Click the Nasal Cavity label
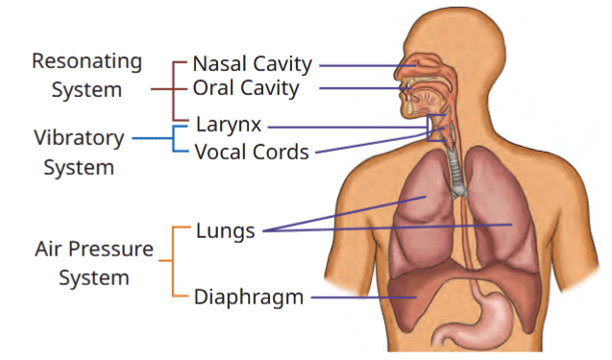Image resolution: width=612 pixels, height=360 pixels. (252, 64)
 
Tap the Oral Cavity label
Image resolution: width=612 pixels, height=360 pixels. (246, 88)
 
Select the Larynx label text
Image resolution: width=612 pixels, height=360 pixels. (229, 126)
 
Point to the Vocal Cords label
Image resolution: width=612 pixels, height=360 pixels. (252, 152)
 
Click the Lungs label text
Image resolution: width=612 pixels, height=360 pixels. (225, 231)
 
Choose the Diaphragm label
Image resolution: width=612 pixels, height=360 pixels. (249, 298)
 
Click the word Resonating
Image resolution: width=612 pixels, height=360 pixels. (86, 62)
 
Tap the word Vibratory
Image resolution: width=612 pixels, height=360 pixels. (79, 138)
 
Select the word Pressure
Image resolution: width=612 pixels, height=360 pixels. (110, 249)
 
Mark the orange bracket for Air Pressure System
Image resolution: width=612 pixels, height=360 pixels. (173, 261)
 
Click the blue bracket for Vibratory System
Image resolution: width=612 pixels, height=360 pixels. (173, 138)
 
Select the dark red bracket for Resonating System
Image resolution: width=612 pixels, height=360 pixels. (173, 89)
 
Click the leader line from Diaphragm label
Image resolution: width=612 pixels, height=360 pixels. (363, 298)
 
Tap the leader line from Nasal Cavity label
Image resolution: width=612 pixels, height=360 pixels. (367, 65)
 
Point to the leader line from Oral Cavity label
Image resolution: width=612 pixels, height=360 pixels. (365, 88)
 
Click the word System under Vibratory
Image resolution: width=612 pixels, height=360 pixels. (79, 168)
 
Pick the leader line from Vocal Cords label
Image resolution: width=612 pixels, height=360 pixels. (380, 139)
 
